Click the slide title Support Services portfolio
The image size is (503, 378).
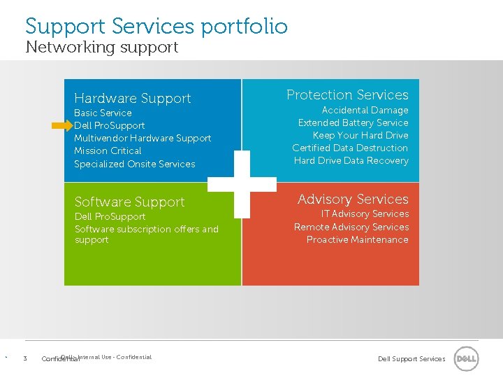[156, 27]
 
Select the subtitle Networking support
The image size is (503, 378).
[101, 48]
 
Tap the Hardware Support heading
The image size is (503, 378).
[132, 99]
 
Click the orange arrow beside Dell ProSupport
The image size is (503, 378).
[61, 126]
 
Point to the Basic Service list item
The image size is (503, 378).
[103, 113]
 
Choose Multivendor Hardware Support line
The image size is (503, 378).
[143, 138]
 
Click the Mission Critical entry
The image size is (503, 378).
[108, 150]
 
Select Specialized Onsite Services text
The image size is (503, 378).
[134, 164]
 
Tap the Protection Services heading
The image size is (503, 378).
[347, 94]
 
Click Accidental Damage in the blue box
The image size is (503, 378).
[365, 110]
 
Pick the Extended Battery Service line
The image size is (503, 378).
[353, 122]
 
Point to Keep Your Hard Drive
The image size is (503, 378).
[360, 135]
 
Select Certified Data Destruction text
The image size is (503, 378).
[350, 148]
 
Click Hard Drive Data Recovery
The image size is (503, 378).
[351, 160]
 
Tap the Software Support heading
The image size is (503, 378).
[129, 202]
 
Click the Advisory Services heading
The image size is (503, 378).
[353, 199]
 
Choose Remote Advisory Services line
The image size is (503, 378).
[351, 227]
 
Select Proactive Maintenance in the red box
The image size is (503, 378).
[357, 239]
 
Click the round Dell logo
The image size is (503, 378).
[466, 358]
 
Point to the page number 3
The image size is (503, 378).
[25, 359]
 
